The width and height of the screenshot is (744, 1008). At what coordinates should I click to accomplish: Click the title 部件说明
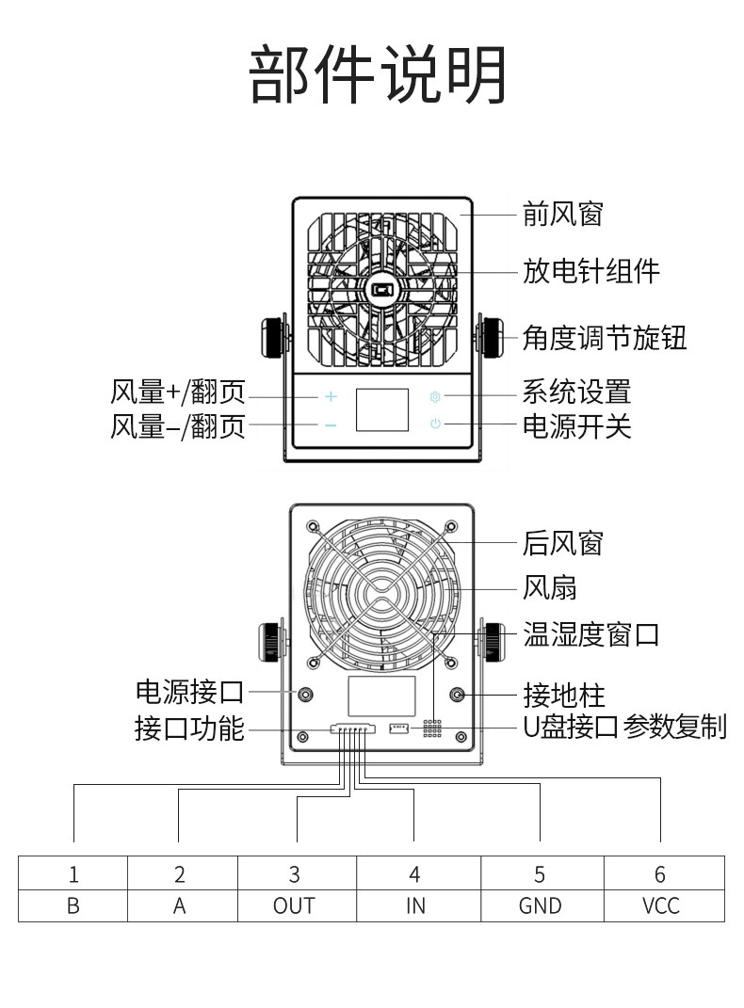pyautogui.click(x=378, y=74)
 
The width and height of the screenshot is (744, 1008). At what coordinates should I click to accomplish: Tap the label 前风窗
pyautogui.click(x=562, y=214)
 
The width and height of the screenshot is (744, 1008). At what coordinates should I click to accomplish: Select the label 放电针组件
pyautogui.click(x=590, y=271)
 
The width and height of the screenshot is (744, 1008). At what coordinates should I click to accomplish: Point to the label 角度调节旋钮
pyautogui.click(x=605, y=338)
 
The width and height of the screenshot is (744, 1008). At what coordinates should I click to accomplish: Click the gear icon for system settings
pyautogui.click(x=435, y=396)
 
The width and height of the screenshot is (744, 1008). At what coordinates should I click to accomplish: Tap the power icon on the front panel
pyautogui.click(x=435, y=424)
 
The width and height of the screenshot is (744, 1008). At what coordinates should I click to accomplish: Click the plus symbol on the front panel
pyautogui.click(x=331, y=396)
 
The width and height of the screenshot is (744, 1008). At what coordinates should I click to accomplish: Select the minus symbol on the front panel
pyautogui.click(x=331, y=424)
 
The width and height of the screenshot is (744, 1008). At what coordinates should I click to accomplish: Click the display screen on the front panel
pyautogui.click(x=382, y=409)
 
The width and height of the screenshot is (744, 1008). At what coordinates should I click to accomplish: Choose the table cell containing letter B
pyautogui.click(x=73, y=905)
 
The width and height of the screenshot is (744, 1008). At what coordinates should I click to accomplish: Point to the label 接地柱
pyautogui.click(x=564, y=695)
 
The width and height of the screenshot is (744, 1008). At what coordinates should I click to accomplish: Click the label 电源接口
pyautogui.click(x=189, y=692)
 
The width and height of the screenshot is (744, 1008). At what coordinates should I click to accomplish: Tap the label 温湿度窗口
pyautogui.click(x=590, y=634)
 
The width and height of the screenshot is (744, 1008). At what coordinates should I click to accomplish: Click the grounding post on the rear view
pyautogui.click(x=458, y=695)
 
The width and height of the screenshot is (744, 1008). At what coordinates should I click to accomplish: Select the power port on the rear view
pyautogui.click(x=305, y=695)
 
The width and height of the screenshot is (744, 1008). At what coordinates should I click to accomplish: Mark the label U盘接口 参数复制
pyautogui.click(x=624, y=728)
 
